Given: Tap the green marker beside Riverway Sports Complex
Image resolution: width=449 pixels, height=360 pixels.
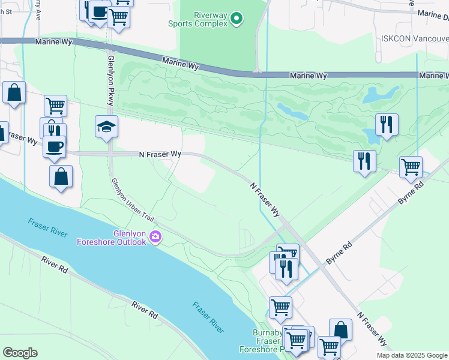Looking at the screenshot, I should [237, 19].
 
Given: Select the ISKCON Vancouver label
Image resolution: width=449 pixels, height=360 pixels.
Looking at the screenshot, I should [415, 38].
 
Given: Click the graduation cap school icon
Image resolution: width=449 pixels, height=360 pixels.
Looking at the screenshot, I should [106, 127].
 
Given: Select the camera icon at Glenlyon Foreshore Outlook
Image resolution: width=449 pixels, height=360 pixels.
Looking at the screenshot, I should [155, 238].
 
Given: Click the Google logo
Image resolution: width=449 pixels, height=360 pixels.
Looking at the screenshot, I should [20, 353].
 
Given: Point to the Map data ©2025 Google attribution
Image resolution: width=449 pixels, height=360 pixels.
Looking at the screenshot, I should [412, 355].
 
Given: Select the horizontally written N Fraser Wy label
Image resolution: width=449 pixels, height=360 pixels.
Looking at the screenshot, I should [160, 154].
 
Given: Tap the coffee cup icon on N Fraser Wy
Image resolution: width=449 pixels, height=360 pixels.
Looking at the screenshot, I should [55, 146].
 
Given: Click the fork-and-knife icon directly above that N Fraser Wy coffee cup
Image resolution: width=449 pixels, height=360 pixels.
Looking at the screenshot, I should [53, 131].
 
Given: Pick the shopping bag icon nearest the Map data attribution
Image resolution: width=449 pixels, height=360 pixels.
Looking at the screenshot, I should [340, 330].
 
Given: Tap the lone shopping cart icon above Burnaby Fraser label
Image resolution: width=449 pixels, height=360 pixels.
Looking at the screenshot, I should [280, 308].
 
